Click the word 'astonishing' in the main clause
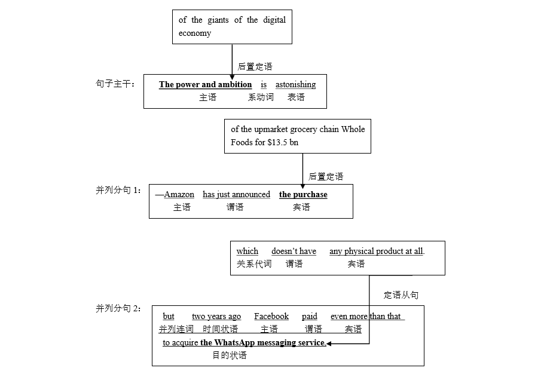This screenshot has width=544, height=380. click(x=295, y=85)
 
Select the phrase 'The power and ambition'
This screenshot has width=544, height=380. click(x=205, y=85)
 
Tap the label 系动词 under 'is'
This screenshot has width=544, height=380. click(x=261, y=97)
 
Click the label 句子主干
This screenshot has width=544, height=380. click(x=115, y=83)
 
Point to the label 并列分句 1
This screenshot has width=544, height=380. click(x=118, y=190)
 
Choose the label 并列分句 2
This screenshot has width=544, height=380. click(x=118, y=308)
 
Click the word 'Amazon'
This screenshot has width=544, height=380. click(x=179, y=195)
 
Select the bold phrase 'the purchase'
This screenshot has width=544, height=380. click(x=303, y=195)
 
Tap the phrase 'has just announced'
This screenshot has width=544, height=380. click(x=236, y=195)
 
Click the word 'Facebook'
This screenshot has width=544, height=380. click(x=271, y=317)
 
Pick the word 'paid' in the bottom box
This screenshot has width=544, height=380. click(x=310, y=317)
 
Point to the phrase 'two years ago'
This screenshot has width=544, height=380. click(x=216, y=317)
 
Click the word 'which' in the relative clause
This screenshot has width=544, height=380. click(x=247, y=252)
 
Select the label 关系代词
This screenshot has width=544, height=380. click(x=253, y=264)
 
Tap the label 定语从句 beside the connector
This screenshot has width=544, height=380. click(x=401, y=295)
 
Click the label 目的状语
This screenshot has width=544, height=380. click(x=230, y=356)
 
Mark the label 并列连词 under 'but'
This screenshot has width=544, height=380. click(x=176, y=329)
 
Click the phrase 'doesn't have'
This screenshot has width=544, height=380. click(x=294, y=252)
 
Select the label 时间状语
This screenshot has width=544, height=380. click(x=220, y=329)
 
